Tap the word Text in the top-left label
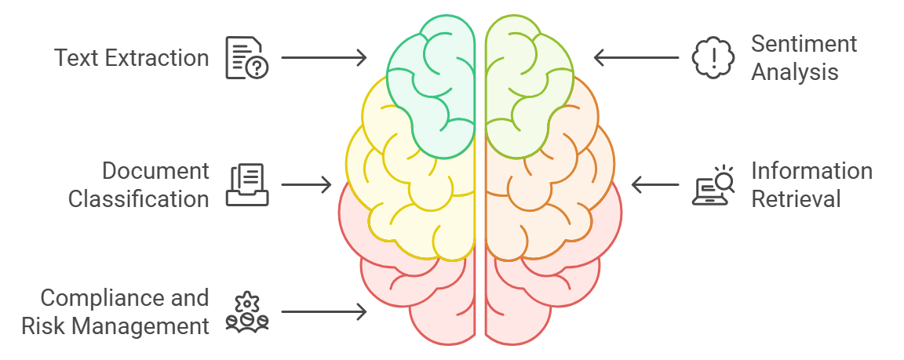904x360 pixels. tap(75, 57)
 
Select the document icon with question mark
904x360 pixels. tap(246, 58)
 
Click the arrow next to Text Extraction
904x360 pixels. tap(323, 57)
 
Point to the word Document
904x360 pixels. tap(155, 171)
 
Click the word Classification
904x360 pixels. tap(138, 199)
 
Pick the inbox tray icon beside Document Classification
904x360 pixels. tap(247, 185)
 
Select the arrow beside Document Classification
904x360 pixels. tap(306, 185)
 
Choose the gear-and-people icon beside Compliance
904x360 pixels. tap(247, 311)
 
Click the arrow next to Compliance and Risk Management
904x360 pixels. tap(323, 311)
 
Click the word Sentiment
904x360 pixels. tap(804, 44)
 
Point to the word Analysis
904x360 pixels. tap(794, 72)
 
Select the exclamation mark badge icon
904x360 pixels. tap(713, 58)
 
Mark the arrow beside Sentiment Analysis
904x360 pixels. tap(636, 57)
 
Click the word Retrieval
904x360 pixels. tap(796, 199)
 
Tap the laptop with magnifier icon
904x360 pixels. tap(713, 185)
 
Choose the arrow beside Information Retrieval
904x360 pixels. tap(655, 185)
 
